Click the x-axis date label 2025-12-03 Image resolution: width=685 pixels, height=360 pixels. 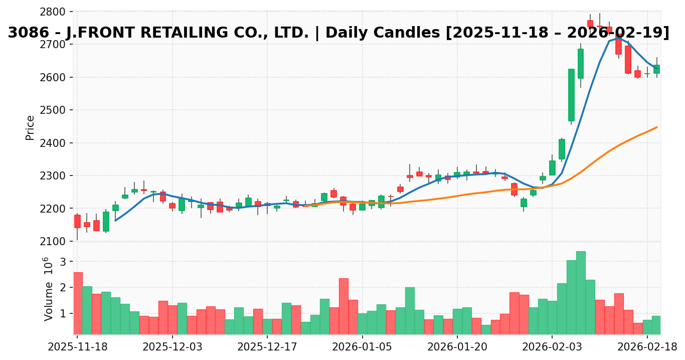(x=172, y=347)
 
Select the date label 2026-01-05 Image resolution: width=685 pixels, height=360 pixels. (x=362, y=347)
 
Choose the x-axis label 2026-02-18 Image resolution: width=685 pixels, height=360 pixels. (x=647, y=347)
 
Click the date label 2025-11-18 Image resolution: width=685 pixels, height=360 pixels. (x=77, y=347)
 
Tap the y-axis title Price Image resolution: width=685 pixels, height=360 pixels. (x=30, y=127)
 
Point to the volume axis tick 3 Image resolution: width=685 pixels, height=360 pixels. (x=63, y=262)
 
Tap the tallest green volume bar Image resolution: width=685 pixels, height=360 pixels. (x=581, y=292)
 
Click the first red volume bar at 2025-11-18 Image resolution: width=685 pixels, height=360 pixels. (x=78, y=303)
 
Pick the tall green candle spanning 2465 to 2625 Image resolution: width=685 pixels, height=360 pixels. (x=571, y=95)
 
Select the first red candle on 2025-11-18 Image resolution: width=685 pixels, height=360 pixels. (x=77, y=221)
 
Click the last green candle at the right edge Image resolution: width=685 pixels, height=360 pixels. (x=656, y=69)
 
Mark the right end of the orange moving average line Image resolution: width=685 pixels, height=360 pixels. (x=657, y=127)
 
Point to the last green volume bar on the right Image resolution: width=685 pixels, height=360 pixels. (x=656, y=325)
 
